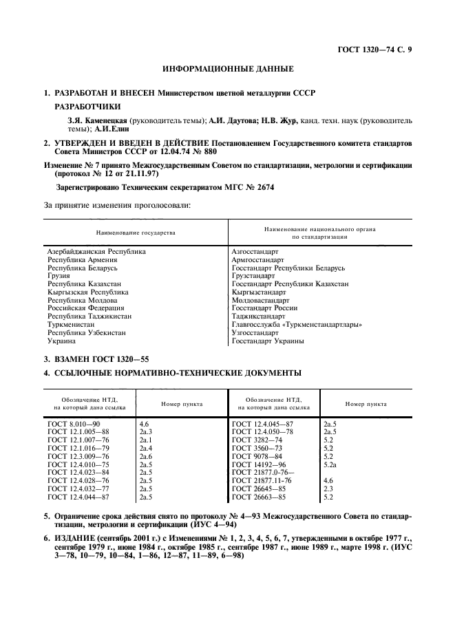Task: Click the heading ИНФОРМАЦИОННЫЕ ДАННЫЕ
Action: [227, 69]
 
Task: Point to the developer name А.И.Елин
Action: [114, 128]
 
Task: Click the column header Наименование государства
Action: [136, 233]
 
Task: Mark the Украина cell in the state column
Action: [61, 340]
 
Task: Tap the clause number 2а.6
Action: [145, 455]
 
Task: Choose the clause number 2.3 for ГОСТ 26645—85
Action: [328, 488]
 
